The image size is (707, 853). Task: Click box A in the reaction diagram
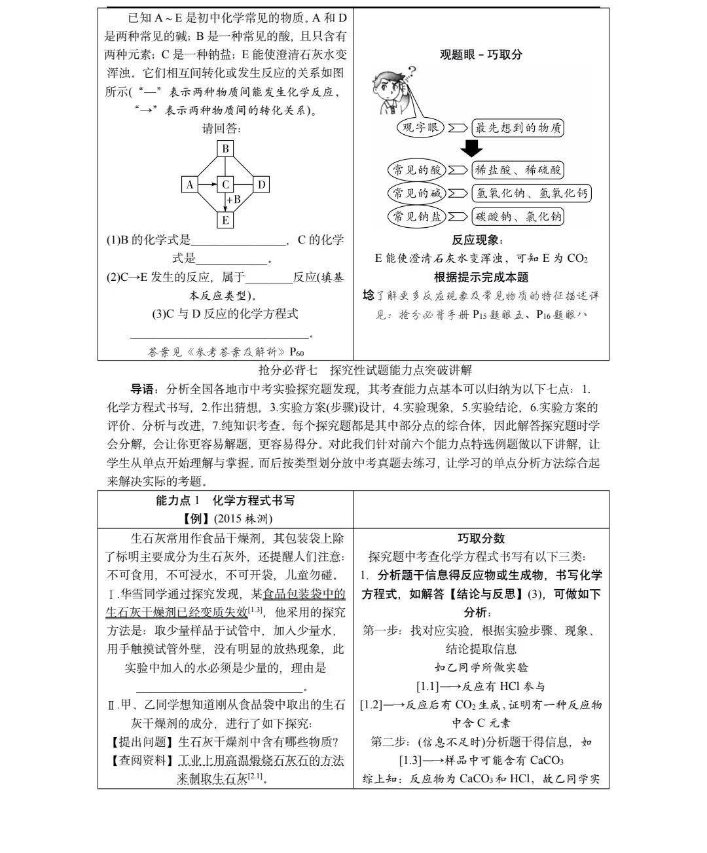pyautogui.click(x=190, y=185)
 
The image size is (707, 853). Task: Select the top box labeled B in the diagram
pyautogui.click(x=225, y=148)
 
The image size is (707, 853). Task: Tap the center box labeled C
pyautogui.click(x=225, y=185)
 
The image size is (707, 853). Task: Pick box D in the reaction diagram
pyautogui.click(x=261, y=185)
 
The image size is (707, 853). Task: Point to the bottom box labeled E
pyautogui.click(x=225, y=220)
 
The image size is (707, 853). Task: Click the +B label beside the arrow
pyautogui.click(x=234, y=199)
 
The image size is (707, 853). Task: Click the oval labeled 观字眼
pyautogui.click(x=420, y=128)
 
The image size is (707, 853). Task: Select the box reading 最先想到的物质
pyautogui.click(x=518, y=128)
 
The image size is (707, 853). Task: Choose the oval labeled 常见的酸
pyautogui.click(x=416, y=170)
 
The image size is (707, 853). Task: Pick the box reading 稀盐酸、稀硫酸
pyautogui.click(x=518, y=170)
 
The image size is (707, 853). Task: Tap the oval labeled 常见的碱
pyautogui.click(x=416, y=193)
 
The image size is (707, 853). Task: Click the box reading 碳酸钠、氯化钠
pyautogui.click(x=518, y=216)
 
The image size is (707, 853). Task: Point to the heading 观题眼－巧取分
pyautogui.click(x=481, y=55)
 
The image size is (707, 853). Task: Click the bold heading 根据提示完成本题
pyautogui.click(x=481, y=278)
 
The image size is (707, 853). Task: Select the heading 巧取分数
pyautogui.click(x=481, y=538)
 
